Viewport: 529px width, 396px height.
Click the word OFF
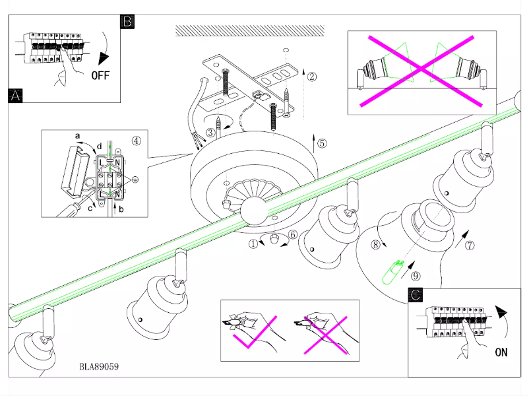click(x=100, y=75)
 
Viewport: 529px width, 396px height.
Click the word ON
click(x=501, y=352)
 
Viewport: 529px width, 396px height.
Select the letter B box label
click(x=128, y=22)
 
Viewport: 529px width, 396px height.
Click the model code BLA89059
click(x=100, y=366)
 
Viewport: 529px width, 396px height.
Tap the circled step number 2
click(x=312, y=76)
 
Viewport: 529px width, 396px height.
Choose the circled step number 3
click(x=210, y=132)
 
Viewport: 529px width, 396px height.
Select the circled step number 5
click(x=321, y=143)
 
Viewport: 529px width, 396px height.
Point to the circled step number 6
click(x=294, y=234)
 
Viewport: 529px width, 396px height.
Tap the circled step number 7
click(x=470, y=246)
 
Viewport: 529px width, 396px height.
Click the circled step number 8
click(x=375, y=245)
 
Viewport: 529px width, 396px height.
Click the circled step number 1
click(x=254, y=243)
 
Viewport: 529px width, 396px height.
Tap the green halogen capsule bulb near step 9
click(x=395, y=271)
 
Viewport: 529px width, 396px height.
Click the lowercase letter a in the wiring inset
click(x=77, y=137)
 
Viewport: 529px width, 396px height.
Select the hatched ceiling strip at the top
click(x=249, y=30)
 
